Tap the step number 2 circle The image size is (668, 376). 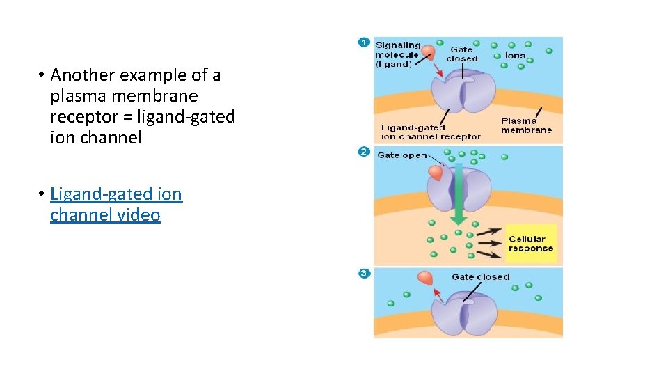(x=363, y=152)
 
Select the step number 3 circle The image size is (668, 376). (x=363, y=274)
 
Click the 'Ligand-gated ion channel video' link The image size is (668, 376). (x=116, y=204)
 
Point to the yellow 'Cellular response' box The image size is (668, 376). (x=531, y=244)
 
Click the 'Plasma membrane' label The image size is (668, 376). (x=526, y=125)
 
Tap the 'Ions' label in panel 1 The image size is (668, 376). (x=516, y=56)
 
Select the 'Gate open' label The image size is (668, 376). (x=401, y=155)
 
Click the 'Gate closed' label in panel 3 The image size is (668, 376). (x=480, y=277)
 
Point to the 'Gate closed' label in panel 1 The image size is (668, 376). (x=462, y=54)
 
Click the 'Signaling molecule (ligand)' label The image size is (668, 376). (x=398, y=54)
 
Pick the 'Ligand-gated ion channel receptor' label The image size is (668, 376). (x=430, y=132)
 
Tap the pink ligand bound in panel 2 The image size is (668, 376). (x=436, y=173)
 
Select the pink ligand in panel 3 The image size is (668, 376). (x=425, y=278)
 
